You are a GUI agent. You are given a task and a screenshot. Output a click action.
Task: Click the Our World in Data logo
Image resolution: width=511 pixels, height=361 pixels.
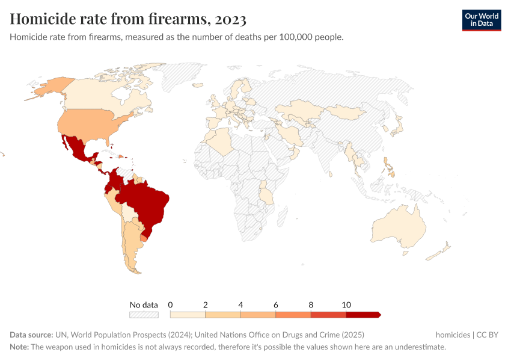click(481, 20)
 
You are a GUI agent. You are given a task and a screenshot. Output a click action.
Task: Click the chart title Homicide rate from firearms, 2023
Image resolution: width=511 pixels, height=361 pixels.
click(128, 19)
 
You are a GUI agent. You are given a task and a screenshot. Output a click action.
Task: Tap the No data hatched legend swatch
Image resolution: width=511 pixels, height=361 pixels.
click(144, 315)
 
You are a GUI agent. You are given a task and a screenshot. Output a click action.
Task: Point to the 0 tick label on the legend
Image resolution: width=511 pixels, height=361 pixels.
click(171, 304)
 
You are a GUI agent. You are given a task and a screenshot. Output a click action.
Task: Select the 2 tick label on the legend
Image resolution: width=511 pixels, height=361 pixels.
click(206, 304)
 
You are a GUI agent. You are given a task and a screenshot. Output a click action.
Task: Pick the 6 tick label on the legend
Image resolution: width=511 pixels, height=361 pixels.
click(276, 304)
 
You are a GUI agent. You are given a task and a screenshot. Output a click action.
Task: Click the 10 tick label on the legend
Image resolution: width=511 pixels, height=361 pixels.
click(346, 304)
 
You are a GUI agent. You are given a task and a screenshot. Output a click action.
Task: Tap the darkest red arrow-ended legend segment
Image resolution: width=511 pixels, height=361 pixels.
click(363, 315)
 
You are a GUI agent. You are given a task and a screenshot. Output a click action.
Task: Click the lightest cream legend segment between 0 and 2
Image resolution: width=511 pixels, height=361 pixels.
click(188, 315)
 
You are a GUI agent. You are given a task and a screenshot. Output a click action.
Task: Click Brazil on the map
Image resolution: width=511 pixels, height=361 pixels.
click(147, 202)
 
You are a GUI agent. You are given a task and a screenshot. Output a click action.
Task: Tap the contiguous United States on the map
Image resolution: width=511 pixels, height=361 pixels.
click(90, 123)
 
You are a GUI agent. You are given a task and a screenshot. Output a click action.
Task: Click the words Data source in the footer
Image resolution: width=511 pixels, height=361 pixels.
click(31, 335)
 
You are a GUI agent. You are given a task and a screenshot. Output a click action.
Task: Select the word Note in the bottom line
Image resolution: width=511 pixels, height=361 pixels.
click(19, 347)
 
